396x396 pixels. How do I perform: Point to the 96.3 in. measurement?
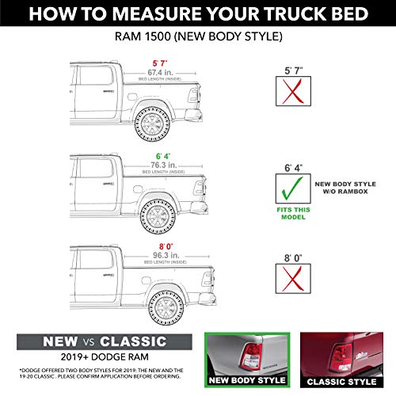point(165,256)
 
